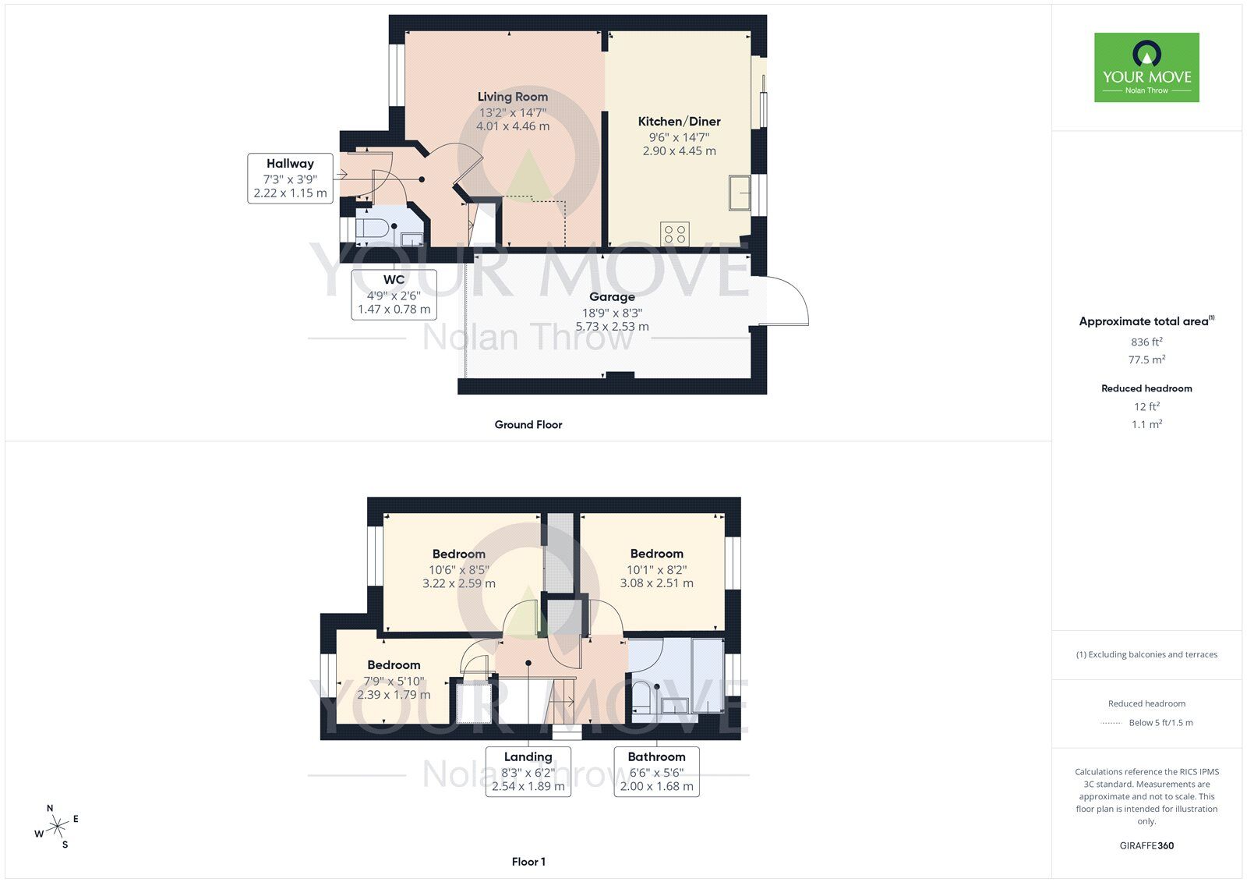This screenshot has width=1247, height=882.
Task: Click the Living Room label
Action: (x=512, y=97)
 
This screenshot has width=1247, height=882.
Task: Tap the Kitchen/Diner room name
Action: (x=679, y=122)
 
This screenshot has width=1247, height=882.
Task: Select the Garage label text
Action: (x=612, y=297)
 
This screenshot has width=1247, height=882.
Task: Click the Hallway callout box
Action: (x=290, y=179)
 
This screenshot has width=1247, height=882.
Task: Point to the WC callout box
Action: (x=394, y=294)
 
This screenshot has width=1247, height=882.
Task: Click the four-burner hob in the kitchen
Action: (x=675, y=233)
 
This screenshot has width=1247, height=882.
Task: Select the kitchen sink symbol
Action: (x=739, y=193)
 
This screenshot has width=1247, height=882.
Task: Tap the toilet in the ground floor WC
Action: (x=372, y=229)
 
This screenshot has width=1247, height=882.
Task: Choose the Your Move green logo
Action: (x=1146, y=67)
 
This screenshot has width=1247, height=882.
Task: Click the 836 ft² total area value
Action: (x=1146, y=342)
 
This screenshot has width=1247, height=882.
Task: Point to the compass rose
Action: (x=57, y=826)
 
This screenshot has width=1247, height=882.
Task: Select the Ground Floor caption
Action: (x=528, y=425)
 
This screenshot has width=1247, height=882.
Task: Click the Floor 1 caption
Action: (x=528, y=862)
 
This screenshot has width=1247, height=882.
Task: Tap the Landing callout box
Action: (x=528, y=771)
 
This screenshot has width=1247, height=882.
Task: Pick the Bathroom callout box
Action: (x=656, y=771)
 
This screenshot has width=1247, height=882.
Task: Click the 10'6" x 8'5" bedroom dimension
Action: (x=458, y=570)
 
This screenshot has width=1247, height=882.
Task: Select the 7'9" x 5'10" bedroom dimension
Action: (x=394, y=681)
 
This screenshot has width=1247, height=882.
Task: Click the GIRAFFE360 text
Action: (x=1146, y=845)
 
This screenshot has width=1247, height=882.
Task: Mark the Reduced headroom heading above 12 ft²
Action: (x=1146, y=388)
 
